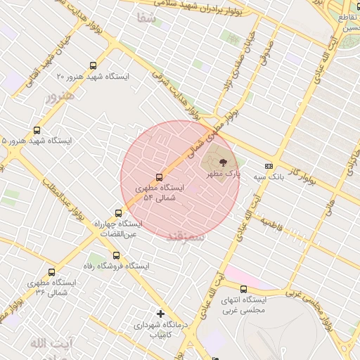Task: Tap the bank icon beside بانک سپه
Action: point(269,167)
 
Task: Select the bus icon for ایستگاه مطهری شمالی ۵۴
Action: point(159,177)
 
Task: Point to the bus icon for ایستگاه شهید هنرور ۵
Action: point(37,130)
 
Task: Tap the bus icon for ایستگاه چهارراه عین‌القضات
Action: point(118,212)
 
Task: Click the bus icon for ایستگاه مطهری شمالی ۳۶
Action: point(51,272)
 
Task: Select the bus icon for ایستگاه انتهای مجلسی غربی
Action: point(243,289)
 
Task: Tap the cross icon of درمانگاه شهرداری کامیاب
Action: point(160,314)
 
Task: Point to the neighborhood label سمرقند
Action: point(186,237)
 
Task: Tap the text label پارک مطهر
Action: point(226,173)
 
